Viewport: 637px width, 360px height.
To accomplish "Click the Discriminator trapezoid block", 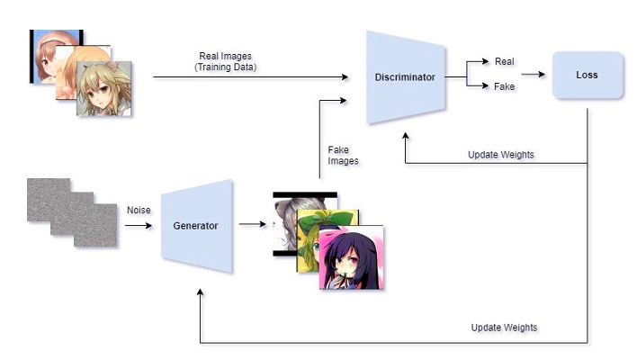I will (404, 77).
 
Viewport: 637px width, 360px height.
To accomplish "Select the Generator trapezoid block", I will (196, 225).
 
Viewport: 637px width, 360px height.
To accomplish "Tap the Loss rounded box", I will (588, 75).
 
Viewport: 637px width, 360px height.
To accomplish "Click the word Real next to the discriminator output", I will (505, 61).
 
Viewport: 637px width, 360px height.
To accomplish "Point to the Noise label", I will (138, 209).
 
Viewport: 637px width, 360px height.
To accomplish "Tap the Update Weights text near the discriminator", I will (501, 155).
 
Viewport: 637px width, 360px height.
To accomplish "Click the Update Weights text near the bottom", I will (504, 327).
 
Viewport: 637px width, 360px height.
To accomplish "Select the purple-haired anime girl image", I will (352, 256).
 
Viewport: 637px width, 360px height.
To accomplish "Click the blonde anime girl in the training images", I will (104, 88).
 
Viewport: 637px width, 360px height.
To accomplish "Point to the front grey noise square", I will (94, 225).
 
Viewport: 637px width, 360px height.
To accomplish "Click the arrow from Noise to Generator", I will (139, 225).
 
